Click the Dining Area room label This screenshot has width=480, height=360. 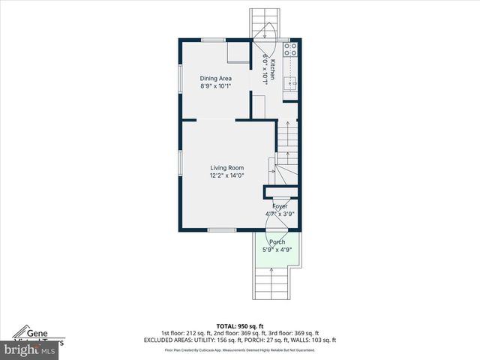215,78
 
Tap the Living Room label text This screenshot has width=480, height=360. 226,168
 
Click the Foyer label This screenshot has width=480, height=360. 280,205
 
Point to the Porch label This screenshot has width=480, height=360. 277,241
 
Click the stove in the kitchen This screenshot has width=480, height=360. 291,49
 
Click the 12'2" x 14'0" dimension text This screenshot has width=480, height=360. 226,176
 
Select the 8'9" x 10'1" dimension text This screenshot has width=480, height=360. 215,86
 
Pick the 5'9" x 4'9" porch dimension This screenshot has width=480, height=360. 277,250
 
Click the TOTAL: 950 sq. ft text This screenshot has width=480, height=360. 239,326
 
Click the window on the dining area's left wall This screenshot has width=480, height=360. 180,79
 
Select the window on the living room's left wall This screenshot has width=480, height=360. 180,166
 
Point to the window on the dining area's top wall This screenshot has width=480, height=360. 214,39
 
